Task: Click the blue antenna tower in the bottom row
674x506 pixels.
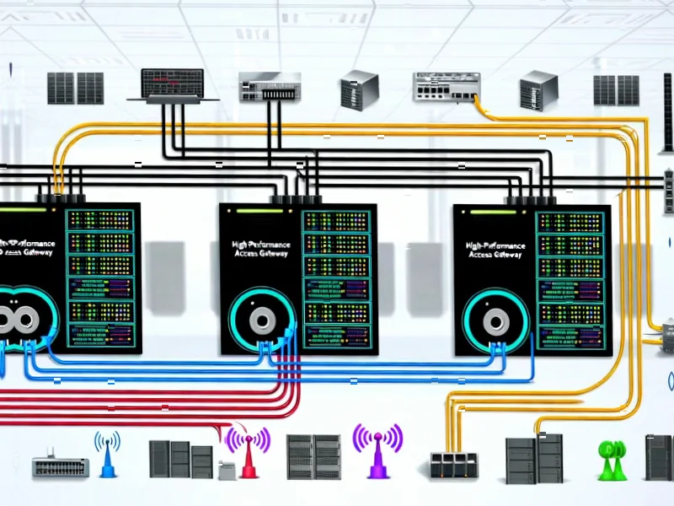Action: (x=107, y=455)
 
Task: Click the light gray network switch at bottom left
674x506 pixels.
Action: (x=61, y=466)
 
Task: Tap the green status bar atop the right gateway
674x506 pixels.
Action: (x=494, y=210)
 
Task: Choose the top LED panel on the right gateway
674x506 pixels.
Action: (x=570, y=222)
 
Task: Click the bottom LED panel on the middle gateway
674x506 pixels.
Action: (x=335, y=336)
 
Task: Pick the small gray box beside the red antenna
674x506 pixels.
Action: (x=226, y=470)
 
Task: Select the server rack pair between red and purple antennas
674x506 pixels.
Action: (x=313, y=458)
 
